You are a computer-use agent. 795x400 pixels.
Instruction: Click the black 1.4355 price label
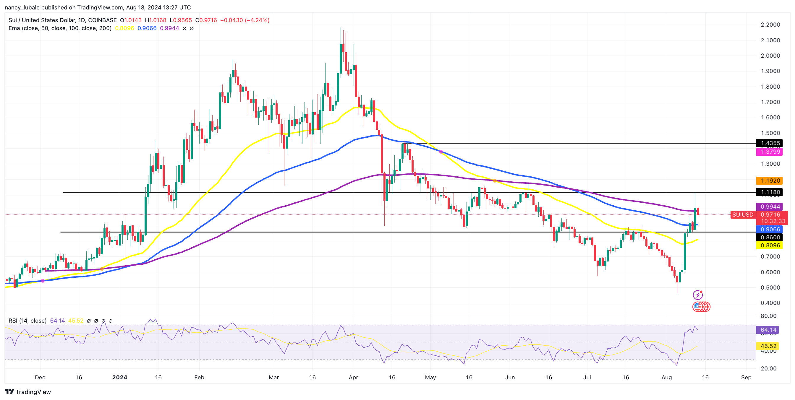pos(770,143)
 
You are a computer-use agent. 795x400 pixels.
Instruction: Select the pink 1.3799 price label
pos(770,152)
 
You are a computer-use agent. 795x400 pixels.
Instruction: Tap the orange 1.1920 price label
pos(770,181)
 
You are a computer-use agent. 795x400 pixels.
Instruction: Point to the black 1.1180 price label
pos(770,192)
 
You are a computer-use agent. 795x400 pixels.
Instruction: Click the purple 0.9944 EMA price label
pos(770,206)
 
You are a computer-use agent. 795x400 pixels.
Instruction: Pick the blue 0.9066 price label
pos(770,229)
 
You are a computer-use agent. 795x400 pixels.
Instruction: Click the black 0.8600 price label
pos(770,237)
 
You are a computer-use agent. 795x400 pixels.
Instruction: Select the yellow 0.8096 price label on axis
pos(770,245)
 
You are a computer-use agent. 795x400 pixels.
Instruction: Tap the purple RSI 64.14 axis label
pos(768,330)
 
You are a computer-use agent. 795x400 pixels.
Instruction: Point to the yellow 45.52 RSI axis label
pos(768,346)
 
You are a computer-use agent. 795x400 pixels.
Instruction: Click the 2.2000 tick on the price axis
pos(770,25)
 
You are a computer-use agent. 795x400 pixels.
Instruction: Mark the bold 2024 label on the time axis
pos(120,377)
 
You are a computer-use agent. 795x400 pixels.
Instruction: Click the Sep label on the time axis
pos(746,377)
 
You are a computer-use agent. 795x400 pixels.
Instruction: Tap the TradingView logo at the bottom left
pos(28,392)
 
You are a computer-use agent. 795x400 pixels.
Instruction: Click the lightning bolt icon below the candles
pos(697,295)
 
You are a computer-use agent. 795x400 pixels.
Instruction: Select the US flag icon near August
pos(697,306)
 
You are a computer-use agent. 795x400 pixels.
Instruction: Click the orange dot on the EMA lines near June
pos(495,181)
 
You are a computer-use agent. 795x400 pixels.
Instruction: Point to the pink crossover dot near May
pos(441,152)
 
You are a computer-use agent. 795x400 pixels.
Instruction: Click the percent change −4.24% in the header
pos(257,20)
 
